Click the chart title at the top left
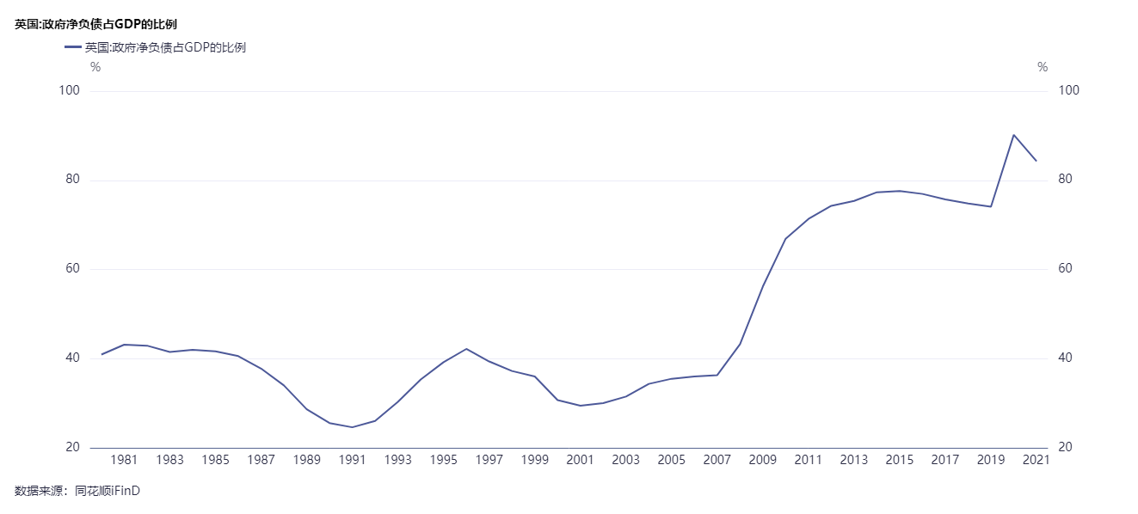point(95,24)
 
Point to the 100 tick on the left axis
point(69,91)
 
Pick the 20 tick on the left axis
point(72,448)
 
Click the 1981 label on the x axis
point(125,460)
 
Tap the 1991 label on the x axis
point(353,460)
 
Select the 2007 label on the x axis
point(717,460)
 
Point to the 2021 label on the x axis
point(1037,460)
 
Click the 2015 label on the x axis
point(900,460)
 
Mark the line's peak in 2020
point(1014,135)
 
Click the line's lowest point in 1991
point(353,427)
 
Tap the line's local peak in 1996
point(466,349)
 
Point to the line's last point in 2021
point(1037,161)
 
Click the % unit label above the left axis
point(95,67)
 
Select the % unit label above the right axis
point(1043,67)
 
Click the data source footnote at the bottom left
point(77,491)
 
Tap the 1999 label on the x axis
point(535,460)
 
